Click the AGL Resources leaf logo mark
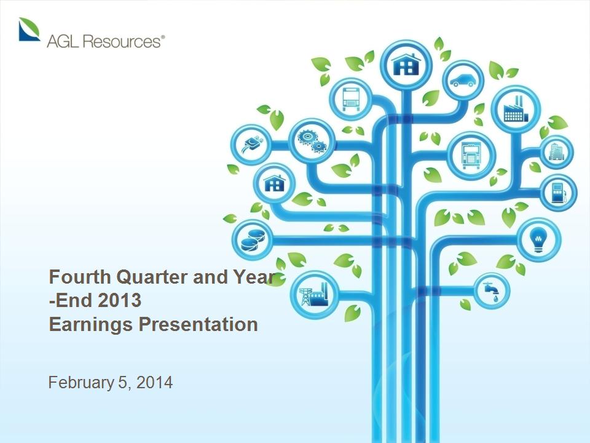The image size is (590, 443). click(29, 29)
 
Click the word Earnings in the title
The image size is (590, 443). click(91, 325)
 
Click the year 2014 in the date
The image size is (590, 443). click(155, 382)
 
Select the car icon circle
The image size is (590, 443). click(463, 81)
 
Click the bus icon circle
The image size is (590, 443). click(351, 99)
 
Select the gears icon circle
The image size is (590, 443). click(312, 141)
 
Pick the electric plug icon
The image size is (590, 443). click(251, 145)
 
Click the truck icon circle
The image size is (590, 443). click(470, 156)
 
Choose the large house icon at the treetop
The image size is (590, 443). click(406, 65)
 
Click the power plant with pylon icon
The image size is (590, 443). click(314, 295)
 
